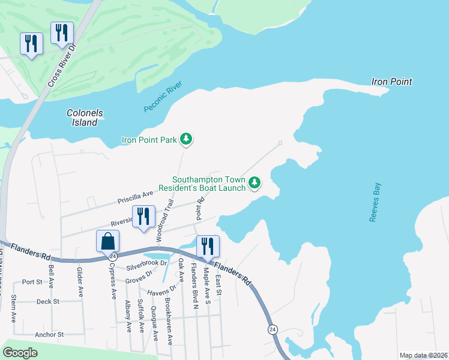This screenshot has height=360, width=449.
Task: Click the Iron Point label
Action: tap(391, 82)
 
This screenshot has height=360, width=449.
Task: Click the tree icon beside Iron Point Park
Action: tap(187, 140)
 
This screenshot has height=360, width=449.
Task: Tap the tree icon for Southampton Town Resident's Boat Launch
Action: tap(255, 182)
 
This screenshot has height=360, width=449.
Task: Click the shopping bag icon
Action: tap(107, 241)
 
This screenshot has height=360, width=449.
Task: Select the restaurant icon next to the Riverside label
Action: tap(143, 217)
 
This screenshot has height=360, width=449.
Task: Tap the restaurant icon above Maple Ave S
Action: tap(208, 246)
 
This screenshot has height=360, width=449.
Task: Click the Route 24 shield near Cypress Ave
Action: tap(112, 256)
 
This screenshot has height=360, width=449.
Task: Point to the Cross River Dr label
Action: tap(61, 64)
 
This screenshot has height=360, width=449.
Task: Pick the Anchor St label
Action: tap(49, 334)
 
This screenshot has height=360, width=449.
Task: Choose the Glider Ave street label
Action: tap(80, 281)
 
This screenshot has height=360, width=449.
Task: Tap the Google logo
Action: tap(20, 353)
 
